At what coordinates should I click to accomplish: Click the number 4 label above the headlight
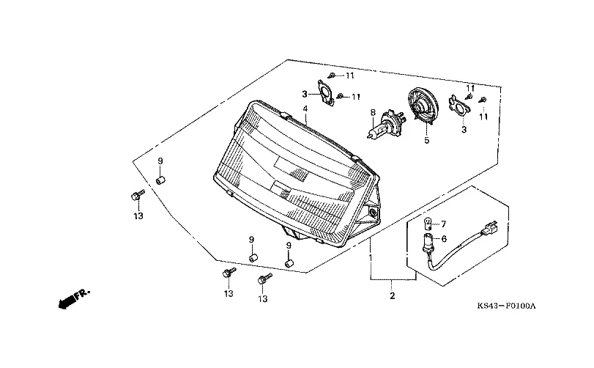point(305,109)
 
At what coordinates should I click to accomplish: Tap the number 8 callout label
point(373,112)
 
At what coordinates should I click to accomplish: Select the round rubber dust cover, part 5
point(423,106)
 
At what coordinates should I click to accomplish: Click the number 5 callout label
point(427,141)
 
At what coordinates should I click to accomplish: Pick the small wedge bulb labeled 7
point(427,224)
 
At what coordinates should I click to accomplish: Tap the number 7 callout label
point(444,224)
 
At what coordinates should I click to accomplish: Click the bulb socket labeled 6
point(427,242)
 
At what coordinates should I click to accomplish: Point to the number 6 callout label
point(444,239)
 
